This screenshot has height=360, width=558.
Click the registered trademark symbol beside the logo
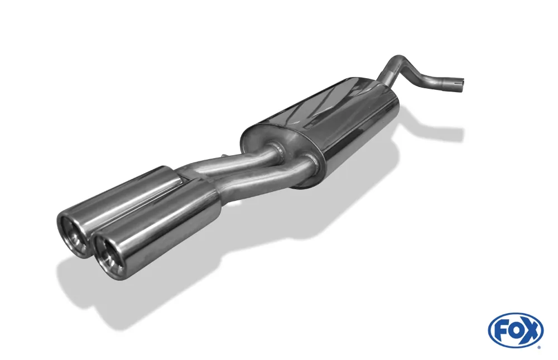pos(538,348)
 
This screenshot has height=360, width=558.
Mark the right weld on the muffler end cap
pos(315,162)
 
